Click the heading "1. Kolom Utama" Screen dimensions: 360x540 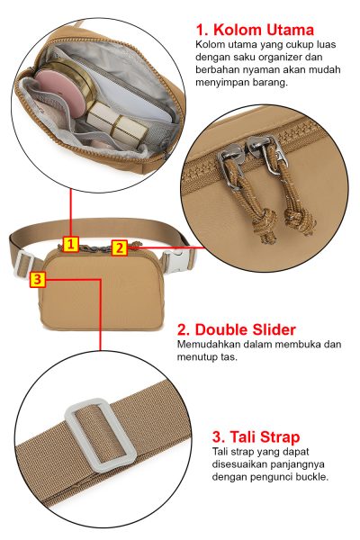point(255,30)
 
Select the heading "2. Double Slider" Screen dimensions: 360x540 point(237,329)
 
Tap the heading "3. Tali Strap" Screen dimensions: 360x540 point(256,436)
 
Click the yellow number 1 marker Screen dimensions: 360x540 point(70,245)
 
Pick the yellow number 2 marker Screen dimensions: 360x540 point(120,248)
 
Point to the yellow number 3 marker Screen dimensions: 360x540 point(38,279)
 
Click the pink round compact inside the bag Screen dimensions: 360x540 point(60,90)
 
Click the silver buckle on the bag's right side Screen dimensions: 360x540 point(176,262)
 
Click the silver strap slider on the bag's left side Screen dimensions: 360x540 point(23,265)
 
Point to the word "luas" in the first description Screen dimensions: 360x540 point(326,44)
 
